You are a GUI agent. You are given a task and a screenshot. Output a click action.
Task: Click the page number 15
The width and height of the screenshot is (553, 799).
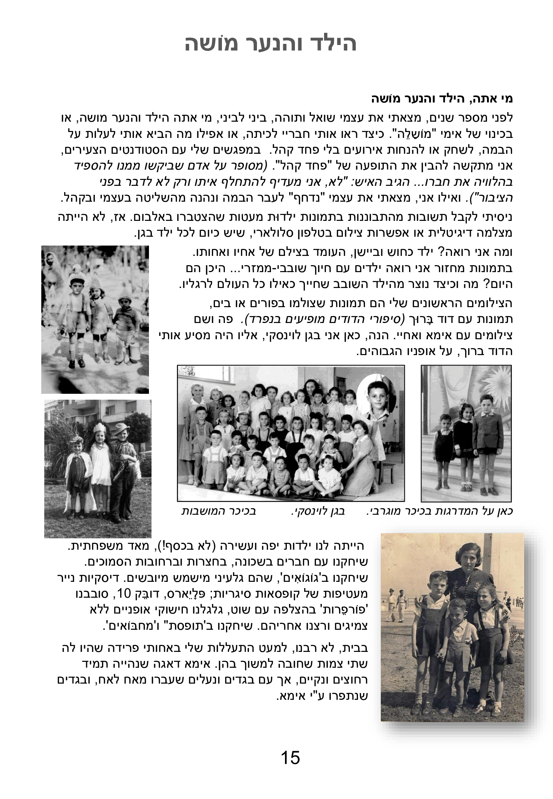290,758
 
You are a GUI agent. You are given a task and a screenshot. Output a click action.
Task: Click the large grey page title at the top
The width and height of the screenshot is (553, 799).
271,44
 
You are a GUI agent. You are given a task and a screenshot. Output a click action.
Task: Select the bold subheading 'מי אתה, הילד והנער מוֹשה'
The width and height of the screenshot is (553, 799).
442,99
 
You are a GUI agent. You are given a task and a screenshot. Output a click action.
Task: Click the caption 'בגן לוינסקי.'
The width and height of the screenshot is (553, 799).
317,511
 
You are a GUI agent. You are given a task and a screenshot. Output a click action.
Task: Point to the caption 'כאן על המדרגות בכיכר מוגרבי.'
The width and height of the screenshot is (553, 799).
440,511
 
